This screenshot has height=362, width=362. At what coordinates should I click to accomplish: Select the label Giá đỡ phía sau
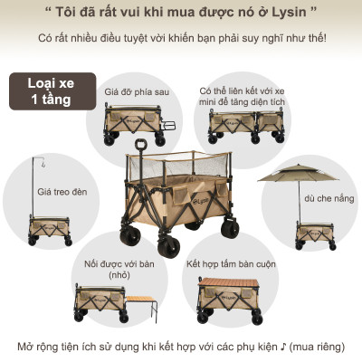tap(137, 91)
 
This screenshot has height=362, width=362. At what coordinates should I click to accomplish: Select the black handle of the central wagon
tap(141, 146)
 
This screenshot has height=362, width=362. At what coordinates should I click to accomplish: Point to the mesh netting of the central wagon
tap(181, 172)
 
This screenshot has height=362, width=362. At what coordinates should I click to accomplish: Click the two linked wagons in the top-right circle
tap(237, 125)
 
